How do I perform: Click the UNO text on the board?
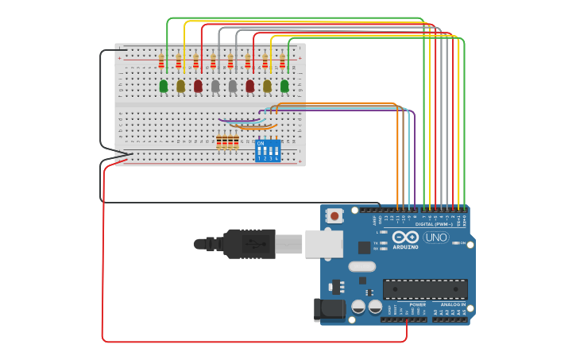[436, 238]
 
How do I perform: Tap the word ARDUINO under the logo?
[405, 247]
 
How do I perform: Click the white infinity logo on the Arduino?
[405, 237]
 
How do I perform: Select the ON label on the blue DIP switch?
[261, 143]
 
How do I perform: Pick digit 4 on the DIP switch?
[276, 158]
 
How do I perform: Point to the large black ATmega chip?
[425, 289]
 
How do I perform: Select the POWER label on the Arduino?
[417, 304]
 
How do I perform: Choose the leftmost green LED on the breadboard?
[164, 86]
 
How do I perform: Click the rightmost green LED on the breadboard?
[284, 86]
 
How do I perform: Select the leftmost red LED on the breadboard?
[198, 86]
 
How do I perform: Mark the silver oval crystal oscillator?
[361, 267]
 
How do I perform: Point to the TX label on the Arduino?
[376, 242]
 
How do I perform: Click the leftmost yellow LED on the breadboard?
[180, 86]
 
